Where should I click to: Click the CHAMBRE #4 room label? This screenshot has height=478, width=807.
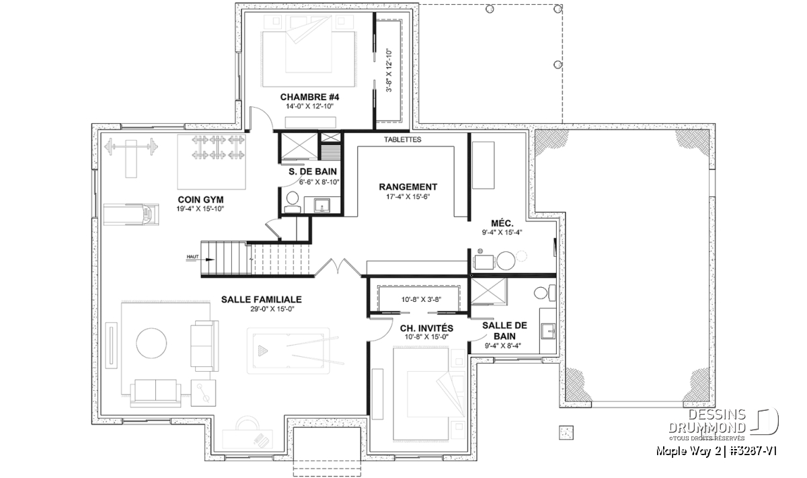309,97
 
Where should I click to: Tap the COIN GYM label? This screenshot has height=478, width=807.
200,200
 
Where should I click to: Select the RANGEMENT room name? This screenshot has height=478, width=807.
408,187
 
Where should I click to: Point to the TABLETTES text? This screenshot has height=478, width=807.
402,139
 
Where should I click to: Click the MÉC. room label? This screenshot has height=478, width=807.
502,223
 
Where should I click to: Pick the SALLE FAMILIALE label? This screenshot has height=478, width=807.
262,299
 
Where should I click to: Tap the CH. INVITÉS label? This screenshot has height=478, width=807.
426,328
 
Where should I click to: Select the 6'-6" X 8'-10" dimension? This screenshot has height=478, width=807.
319,182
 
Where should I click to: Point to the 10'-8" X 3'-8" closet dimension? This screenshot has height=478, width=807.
422,299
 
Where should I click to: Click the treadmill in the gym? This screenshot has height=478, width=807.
132,214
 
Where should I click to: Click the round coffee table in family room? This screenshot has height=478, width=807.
151,343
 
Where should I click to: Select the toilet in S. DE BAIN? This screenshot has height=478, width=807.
292,202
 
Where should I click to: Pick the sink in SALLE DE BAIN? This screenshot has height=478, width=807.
547,331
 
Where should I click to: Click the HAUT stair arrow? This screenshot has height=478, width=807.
200,260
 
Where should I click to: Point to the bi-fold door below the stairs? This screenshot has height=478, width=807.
338,268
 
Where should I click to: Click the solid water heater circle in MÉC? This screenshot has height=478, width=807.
506,260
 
